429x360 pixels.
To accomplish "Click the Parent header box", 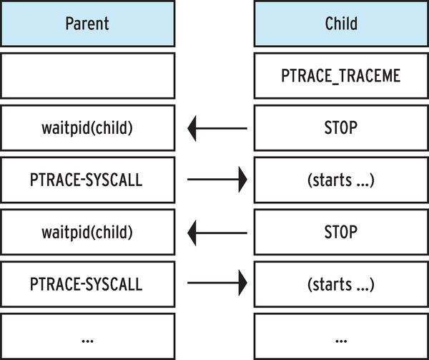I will pyautogui.click(x=87, y=23).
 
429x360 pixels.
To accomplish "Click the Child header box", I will pyautogui.click(x=340, y=23).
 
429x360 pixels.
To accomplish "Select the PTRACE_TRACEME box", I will pyautogui.click(x=340, y=75).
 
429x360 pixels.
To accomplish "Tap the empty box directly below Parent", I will pyautogui.click(x=87, y=75).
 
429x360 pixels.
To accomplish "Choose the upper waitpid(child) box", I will pyautogui.click(x=87, y=129).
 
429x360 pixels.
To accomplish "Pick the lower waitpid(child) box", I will pyautogui.click(x=87, y=232).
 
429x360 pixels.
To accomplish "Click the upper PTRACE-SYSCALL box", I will pyautogui.click(x=87, y=180).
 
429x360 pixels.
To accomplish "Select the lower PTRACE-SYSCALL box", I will pyautogui.click(x=87, y=283).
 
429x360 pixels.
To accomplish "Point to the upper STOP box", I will pyautogui.click(x=340, y=129).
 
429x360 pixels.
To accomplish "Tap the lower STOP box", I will pyautogui.click(x=340, y=232).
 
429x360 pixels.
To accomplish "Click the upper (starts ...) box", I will pyautogui.click(x=340, y=180).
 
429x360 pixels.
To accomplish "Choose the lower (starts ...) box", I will pyautogui.click(x=340, y=283).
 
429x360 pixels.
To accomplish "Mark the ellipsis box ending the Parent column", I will pyautogui.click(x=87, y=336).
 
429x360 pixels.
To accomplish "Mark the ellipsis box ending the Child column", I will pyautogui.click(x=340, y=336).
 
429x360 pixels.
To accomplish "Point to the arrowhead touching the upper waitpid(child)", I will pyautogui.click(x=192, y=129).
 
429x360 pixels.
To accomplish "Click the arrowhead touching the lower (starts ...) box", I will pyautogui.click(x=242, y=284).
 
